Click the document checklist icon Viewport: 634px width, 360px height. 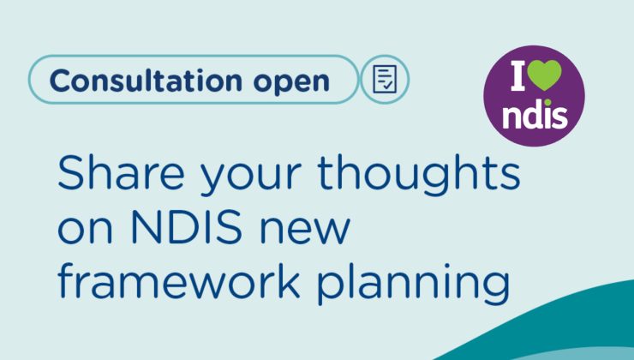tap(385, 79)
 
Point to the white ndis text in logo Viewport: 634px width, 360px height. tap(534, 113)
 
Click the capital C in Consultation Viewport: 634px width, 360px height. tap(60, 81)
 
